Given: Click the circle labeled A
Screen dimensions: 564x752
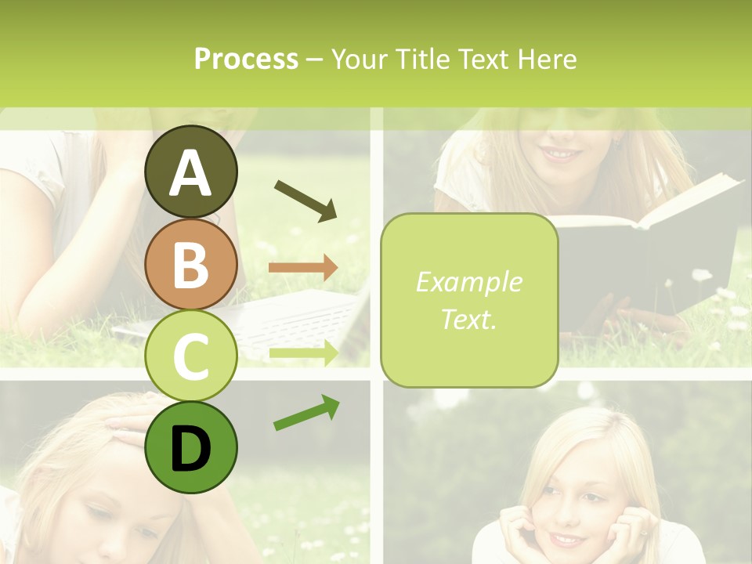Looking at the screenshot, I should coord(191,172).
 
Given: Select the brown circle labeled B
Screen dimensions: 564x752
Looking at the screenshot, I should coord(191,264).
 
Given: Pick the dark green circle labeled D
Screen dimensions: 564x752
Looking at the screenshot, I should coord(191,447).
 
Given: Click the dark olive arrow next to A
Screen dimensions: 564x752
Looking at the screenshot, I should coord(305,201).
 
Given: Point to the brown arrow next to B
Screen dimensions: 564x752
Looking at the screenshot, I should coord(303,268).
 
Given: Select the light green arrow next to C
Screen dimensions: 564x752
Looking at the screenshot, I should coord(303,352).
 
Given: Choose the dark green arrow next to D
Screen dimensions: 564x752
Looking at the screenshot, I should coord(306,413).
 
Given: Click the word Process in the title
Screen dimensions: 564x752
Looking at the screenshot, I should coord(246,59).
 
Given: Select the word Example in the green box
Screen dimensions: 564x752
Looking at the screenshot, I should coord(468,282).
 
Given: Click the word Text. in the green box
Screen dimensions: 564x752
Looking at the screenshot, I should coord(468,319).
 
